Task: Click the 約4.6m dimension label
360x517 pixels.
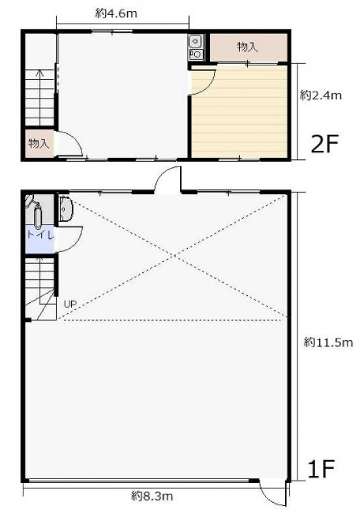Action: click(x=116, y=14)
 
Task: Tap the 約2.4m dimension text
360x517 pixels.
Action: click(x=321, y=95)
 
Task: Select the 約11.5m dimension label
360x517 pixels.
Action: click(x=329, y=343)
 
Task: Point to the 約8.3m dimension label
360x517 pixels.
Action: click(x=152, y=495)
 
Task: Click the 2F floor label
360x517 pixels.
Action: click(x=325, y=144)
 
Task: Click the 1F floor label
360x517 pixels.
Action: click(x=321, y=469)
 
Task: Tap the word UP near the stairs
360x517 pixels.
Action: click(x=70, y=304)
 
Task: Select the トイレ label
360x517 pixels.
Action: click(x=40, y=235)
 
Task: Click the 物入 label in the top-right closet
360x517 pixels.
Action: click(x=247, y=47)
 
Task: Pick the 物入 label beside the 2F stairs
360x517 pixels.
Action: click(x=39, y=144)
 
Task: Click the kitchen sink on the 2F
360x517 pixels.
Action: click(x=196, y=47)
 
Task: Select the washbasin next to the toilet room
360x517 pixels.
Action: click(x=66, y=209)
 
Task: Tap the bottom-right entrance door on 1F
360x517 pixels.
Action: click(x=272, y=495)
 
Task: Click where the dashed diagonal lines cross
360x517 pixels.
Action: click(x=173, y=256)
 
